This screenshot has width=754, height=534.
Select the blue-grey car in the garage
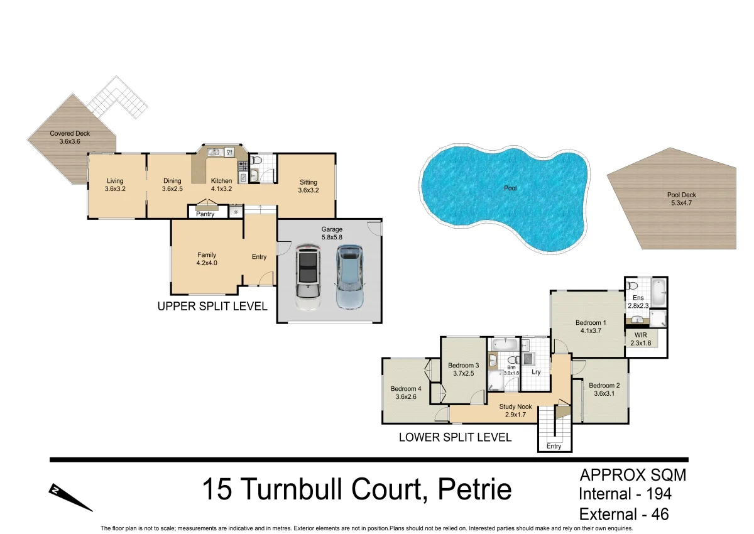click(349, 276)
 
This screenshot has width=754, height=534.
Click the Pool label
click(510, 188)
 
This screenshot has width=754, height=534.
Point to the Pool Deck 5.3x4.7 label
click(681, 199)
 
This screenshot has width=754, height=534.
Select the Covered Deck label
click(70, 138)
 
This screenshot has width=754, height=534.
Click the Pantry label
click(205, 214)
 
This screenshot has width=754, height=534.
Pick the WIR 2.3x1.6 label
click(640, 339)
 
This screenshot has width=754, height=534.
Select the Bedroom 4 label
click(405, 393)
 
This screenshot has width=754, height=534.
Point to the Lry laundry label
click(536, 372)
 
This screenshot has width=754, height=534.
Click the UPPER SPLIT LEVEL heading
click(212, 307)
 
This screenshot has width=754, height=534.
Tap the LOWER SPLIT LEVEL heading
click(455, 437)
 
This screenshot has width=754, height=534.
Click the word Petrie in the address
click(475, 490)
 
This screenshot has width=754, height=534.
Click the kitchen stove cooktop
click(242, 166)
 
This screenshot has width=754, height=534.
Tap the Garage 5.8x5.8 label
click(332, 233)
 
